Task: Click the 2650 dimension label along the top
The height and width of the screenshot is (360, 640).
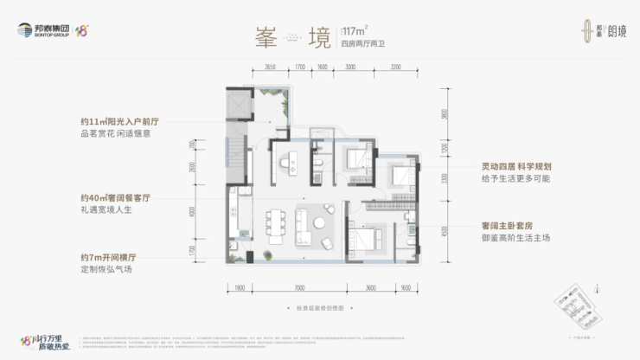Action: pos(270,66)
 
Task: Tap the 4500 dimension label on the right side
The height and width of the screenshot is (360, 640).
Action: pos(444,230)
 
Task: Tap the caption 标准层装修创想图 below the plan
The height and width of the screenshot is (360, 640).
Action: pos(319,308)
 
